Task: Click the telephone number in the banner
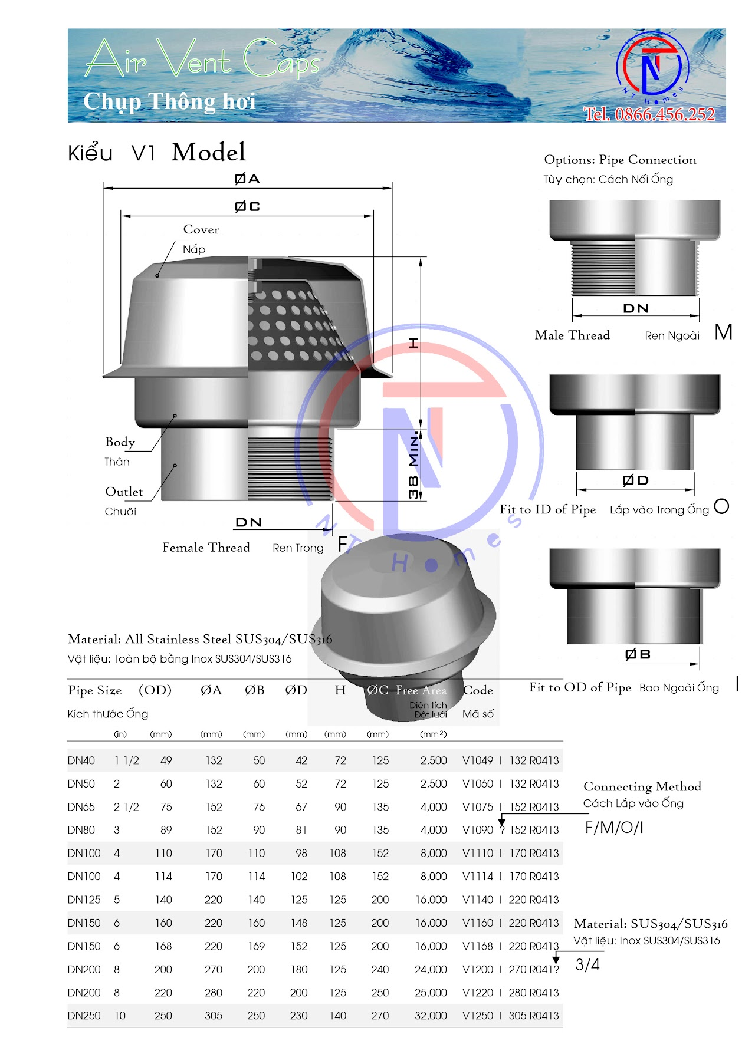(x=649, y=114)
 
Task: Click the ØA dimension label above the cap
(x=247, y=179)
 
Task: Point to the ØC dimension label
(x=247, y=206)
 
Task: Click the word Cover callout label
(x=201, y=229)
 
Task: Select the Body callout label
(x=120, y=442)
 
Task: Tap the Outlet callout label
(x=124, y=492)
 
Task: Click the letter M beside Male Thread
(x=723, y=332)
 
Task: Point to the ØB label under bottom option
(x=638, y=654)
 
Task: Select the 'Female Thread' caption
(x=206, y=548)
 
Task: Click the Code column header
(x=478, y=690)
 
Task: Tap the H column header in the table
(x=340, y=690)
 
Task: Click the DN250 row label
(x=84, y=1016)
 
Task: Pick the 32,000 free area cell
(x=431, y=1016)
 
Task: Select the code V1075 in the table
(x=477, y=807)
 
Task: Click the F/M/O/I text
(x=613, y=828)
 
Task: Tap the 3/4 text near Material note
(x=587, y=965)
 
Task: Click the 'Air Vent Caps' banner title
(x=202, y=60)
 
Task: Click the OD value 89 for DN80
(x=166, y=830)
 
